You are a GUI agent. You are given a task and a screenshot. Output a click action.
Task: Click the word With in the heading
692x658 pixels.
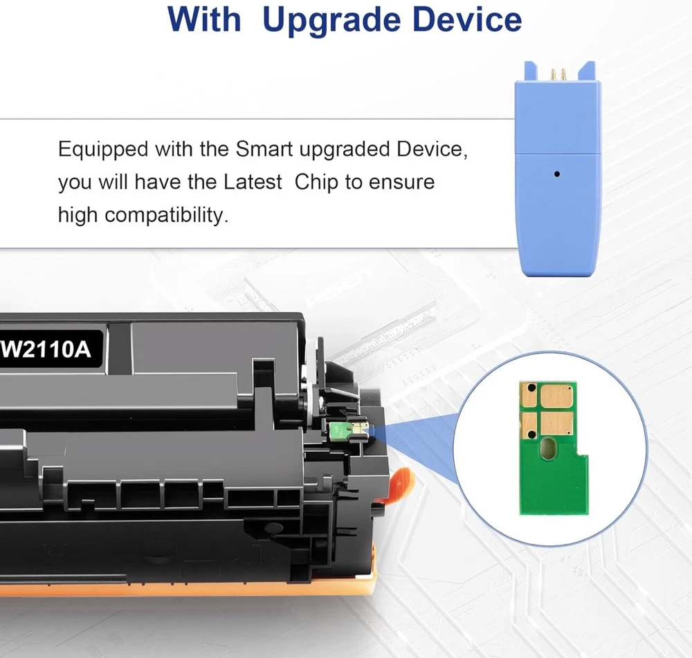tap(204, 19)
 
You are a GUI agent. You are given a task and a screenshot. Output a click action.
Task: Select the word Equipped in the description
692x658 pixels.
tap(103, 150)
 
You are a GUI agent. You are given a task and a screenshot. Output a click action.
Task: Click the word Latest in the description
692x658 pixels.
tap(253, 182)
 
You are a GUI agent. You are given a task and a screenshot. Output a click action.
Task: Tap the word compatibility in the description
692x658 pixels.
tap(166, 216)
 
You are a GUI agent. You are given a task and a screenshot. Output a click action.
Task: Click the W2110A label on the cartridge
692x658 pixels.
tap(46, 350)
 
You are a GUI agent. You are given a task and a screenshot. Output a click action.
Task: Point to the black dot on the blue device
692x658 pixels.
tap(557, 174)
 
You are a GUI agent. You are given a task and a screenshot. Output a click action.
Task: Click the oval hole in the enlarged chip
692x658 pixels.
tap(547, 448)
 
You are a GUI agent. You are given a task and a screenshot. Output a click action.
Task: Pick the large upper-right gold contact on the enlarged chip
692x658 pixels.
tap(556, 396)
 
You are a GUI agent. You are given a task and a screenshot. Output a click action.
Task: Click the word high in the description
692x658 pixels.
tap(78, 216)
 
